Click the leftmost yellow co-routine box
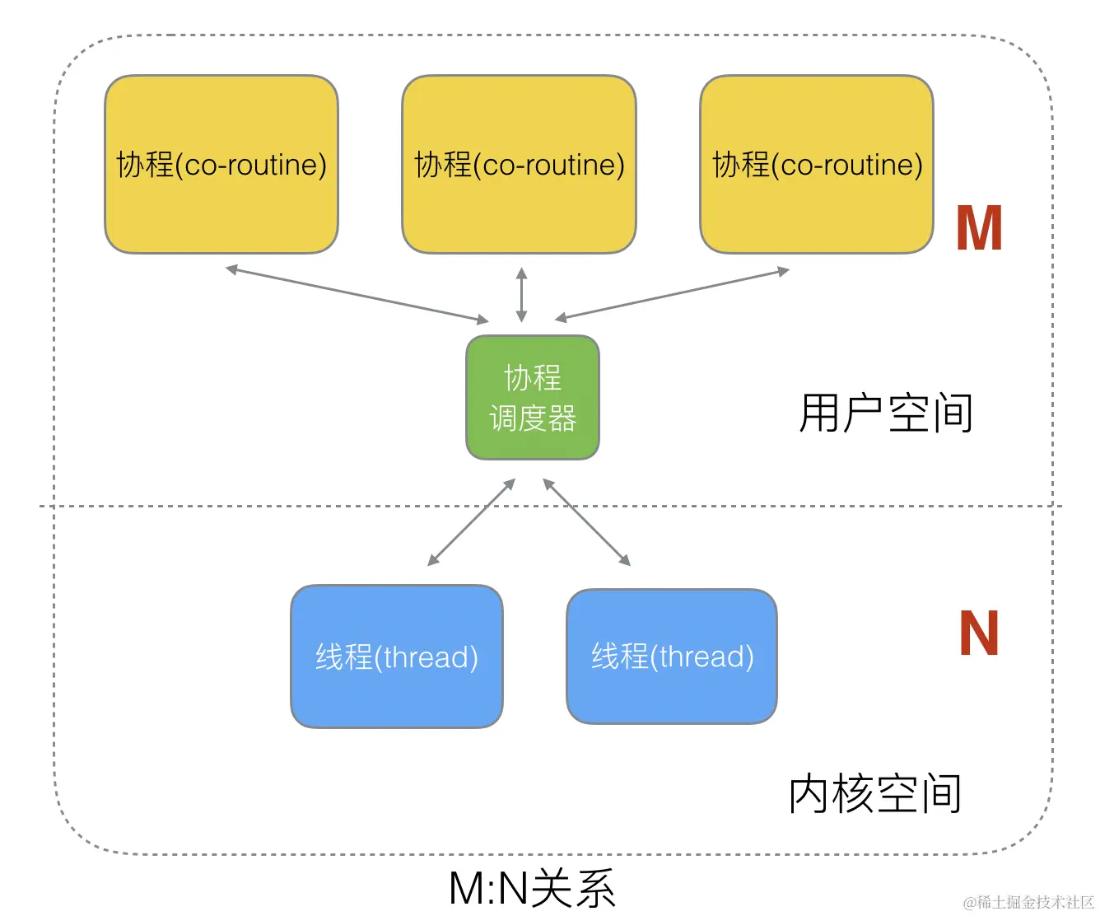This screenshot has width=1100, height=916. point(221,165)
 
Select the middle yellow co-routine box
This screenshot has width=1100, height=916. point(519,165)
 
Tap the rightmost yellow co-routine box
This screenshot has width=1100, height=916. point(816,165)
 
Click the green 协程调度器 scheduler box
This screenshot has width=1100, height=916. point(532,397)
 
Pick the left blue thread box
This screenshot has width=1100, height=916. point(396,657)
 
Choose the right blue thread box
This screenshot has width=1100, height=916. point(671,657)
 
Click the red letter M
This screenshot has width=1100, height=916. point(978,229)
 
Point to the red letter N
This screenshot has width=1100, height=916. point(978,633)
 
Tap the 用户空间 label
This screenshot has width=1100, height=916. point(886,414)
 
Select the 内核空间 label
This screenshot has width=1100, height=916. point(875,794)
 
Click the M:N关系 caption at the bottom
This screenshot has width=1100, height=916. point(532,889)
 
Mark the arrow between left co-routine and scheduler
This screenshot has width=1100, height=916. point(357,294)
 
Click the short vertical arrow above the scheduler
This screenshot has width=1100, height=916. point(520,294)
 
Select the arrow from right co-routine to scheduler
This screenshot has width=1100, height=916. point(672,294)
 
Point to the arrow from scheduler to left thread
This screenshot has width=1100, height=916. point(471,522)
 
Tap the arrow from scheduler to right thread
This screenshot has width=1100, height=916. point(586,522)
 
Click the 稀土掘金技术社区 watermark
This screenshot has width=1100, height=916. point(1028,902)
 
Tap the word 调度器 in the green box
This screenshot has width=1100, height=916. point(532,418)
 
